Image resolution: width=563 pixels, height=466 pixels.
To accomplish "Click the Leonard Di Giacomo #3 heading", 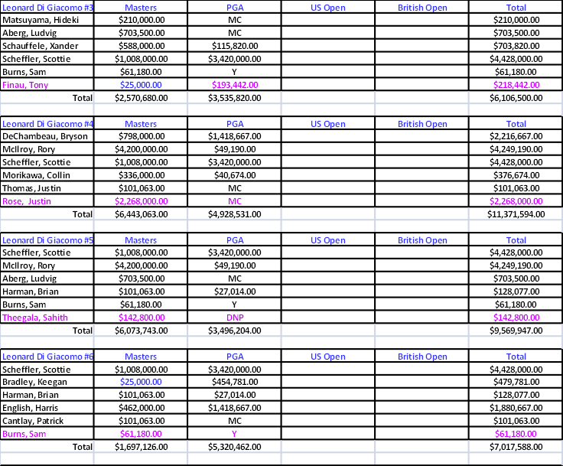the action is (x=47, y=8).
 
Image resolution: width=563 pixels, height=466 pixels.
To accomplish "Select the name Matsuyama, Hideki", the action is (x=41, y=20).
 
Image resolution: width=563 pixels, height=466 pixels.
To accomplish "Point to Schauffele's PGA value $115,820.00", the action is (x=235, y=46).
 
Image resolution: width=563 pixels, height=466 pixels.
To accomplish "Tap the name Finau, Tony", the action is (x=25, y=85).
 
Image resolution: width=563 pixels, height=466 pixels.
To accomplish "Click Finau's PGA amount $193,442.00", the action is (x=235, y=85).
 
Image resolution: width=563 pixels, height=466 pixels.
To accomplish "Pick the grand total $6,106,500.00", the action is (x=516, y=98).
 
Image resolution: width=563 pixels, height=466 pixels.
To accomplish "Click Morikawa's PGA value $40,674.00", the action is (x=235, y=175).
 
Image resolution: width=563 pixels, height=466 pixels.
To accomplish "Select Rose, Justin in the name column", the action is (x=27, y=201).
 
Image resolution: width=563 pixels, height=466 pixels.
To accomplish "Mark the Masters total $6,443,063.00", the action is (x=141, y=214).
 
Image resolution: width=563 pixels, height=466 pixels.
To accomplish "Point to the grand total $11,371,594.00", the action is (x=516, y=214).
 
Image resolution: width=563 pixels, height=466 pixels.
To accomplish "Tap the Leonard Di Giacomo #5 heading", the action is (x=47, y=240).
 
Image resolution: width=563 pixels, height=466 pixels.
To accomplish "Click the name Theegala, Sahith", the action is (x=35, y=318).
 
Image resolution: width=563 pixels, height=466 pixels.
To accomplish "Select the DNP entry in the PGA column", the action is (x=235, y=318).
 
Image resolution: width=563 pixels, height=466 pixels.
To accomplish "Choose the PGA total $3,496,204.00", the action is (x=235, y=331).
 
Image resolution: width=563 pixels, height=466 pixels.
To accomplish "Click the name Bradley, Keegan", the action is (x=34, y=382).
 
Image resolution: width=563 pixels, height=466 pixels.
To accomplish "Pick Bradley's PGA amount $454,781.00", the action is (x=235, y=382).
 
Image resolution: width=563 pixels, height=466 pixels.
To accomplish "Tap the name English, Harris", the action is (x=30, y=408).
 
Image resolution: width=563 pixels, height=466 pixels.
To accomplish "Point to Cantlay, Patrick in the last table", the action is (x=33, y=421).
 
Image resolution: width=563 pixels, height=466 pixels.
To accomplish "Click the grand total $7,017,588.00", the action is (x=516, y=447).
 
